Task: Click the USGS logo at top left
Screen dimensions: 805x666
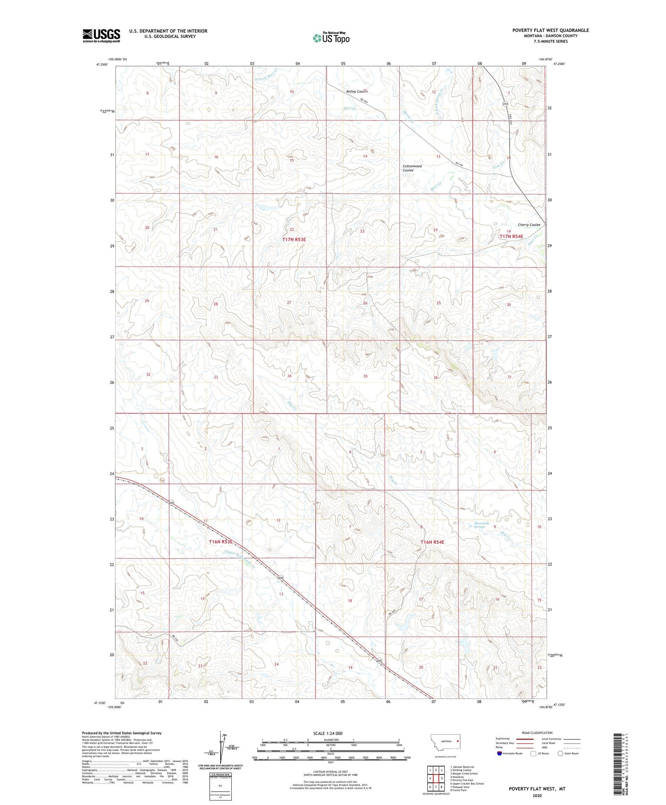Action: (101, 36)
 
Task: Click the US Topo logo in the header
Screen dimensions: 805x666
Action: (331, 38)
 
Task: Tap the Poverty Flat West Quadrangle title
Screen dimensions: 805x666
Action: (551, 30)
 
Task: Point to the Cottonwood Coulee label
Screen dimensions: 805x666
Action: (412, 168)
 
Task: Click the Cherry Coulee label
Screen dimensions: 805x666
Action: (529, 225)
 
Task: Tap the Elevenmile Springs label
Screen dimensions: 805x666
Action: (482, 525)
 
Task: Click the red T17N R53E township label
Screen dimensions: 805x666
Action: (294, 239)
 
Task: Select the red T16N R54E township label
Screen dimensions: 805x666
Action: (432, 542)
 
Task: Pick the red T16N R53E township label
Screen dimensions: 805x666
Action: (221, 542)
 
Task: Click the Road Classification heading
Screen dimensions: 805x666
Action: (537, 733)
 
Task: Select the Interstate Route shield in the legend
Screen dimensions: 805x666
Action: (499, 753)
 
